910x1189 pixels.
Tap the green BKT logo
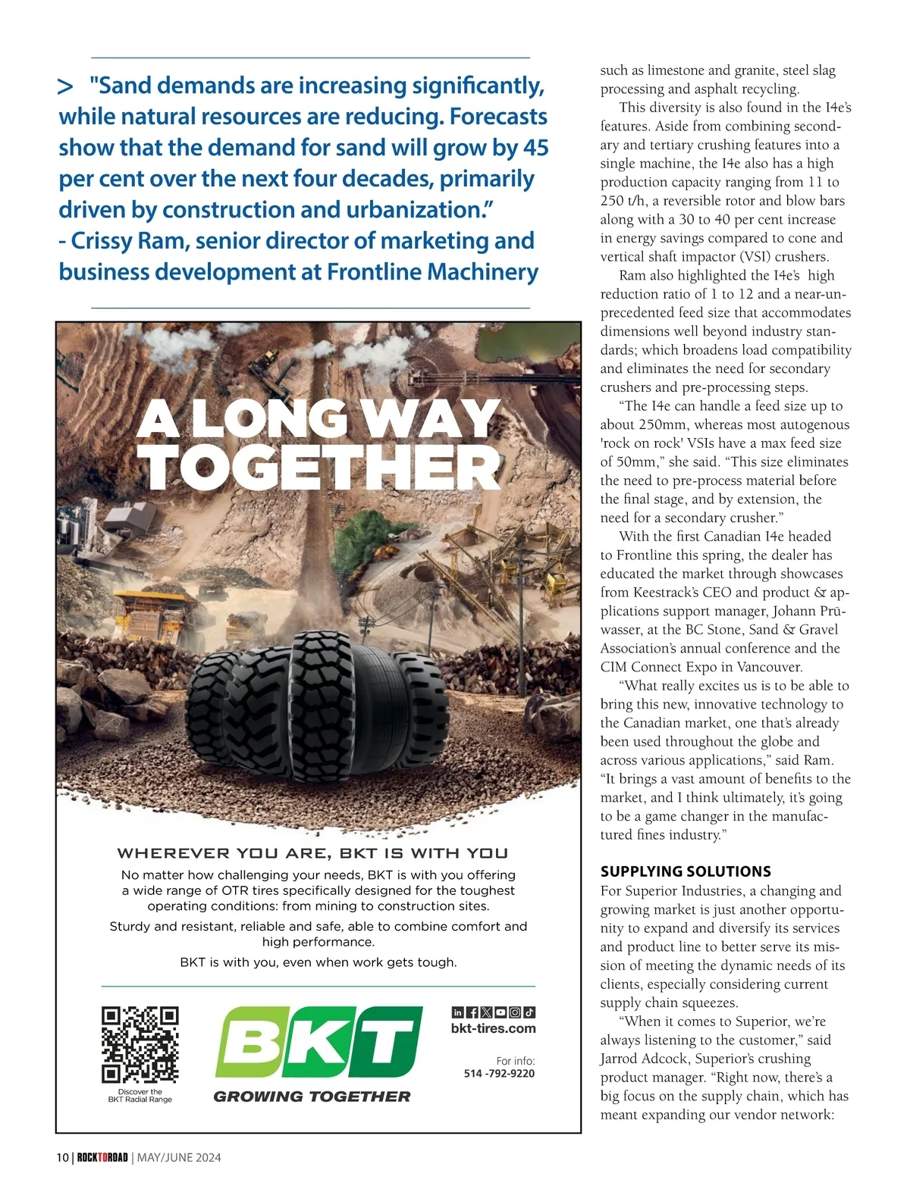tap(318, 1041)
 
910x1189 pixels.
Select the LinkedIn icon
tap(457, 1012)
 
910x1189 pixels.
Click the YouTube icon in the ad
tap(500, 1012)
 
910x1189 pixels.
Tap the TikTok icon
tap(529, 1012)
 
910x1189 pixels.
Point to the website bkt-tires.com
tap(493, 1028)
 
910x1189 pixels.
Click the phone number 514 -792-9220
tap(499, 1073)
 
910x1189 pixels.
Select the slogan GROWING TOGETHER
tap(312, 1097)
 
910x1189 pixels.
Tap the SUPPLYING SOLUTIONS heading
tap(686, 871)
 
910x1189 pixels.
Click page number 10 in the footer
tap(62, 1157)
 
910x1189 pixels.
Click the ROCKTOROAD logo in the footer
tap(102, 1157)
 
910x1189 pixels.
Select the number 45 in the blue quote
tap(535, 148)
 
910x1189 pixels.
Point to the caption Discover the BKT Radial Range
tap(140, 1096)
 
